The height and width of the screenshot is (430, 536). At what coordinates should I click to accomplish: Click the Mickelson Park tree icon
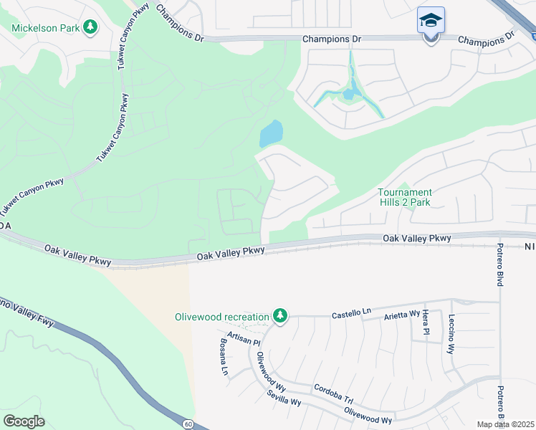pyautogui.click(x=90, y=27)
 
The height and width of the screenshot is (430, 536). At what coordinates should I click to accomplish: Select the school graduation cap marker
pyautogui.click(x=431, y=21)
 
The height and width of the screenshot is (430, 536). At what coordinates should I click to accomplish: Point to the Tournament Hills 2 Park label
pyautogui.click(x=405, y=197)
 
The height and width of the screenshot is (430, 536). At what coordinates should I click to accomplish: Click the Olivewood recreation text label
pyautogui.click(x=222, y=317)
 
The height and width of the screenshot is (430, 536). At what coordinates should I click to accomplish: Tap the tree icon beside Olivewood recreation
pyautogui.click(x=280, y=316)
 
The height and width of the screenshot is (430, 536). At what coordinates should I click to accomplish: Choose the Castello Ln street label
pyautogui.click(x=351, y=312)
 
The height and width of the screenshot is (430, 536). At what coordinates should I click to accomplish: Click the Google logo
pyautogui.click(x=24, y=421)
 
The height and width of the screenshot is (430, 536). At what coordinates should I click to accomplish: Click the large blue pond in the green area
pyautogui.click(x=271, y=133)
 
